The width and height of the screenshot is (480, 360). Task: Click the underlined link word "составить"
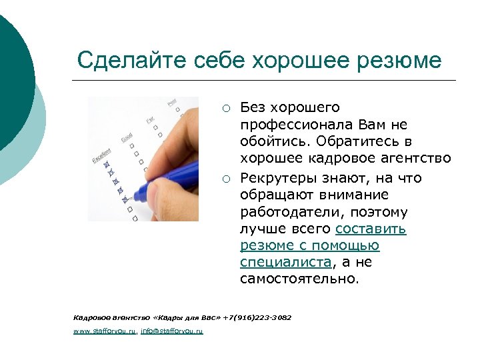click(x=371, y=229)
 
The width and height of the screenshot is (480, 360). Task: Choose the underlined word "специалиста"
click(x=285, y=262)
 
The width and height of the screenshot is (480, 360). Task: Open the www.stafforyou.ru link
click(x=105, y=331)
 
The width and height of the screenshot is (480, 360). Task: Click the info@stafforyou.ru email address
click(x=171, y=331)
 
